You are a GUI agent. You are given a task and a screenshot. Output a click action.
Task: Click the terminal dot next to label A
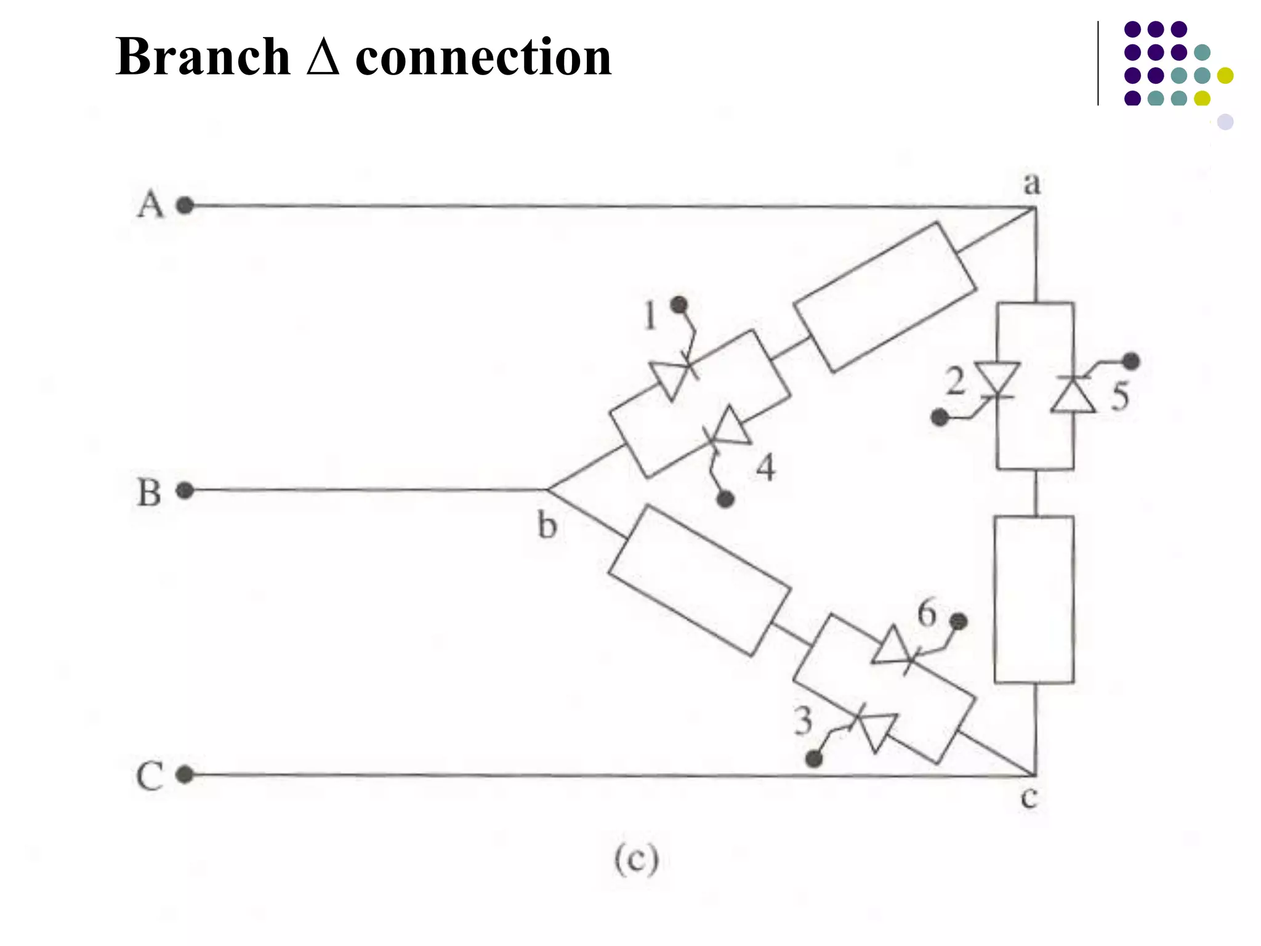point(185,205)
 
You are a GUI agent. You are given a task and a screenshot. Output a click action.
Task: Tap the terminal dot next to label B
point(185,490)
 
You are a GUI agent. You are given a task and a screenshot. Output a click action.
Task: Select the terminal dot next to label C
point(185,774)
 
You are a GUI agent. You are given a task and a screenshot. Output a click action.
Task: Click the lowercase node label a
point(1032,184)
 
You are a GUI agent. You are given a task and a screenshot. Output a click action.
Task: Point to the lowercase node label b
point(547,525)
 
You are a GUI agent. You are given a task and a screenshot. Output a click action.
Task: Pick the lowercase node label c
point(1029,798)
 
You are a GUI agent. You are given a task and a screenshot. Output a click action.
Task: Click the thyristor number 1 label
point(650,315)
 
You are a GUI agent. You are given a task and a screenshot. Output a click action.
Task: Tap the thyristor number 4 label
point(765,468)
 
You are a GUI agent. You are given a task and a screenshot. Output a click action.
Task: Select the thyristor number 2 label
point(955,381)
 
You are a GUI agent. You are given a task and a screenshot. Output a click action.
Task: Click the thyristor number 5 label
point(1120,396)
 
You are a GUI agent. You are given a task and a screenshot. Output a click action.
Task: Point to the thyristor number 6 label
point(927,613)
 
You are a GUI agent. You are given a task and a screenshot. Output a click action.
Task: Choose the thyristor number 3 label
point(803,721)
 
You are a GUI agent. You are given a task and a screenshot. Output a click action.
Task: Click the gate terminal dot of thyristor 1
point(679,304)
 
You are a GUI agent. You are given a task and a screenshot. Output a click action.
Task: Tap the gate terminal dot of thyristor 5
point(1130,361)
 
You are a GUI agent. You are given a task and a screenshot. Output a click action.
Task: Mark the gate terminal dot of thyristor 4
point(725,499)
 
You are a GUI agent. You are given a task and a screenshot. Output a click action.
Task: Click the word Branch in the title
point(203,57)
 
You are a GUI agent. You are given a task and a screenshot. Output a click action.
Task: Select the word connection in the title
point(483,57)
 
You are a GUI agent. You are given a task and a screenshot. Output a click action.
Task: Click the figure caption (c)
point(636,859)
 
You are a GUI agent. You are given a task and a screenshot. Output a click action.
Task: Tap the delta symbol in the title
point(323,57)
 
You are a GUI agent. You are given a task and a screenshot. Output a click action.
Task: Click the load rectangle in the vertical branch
point(1034,599)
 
